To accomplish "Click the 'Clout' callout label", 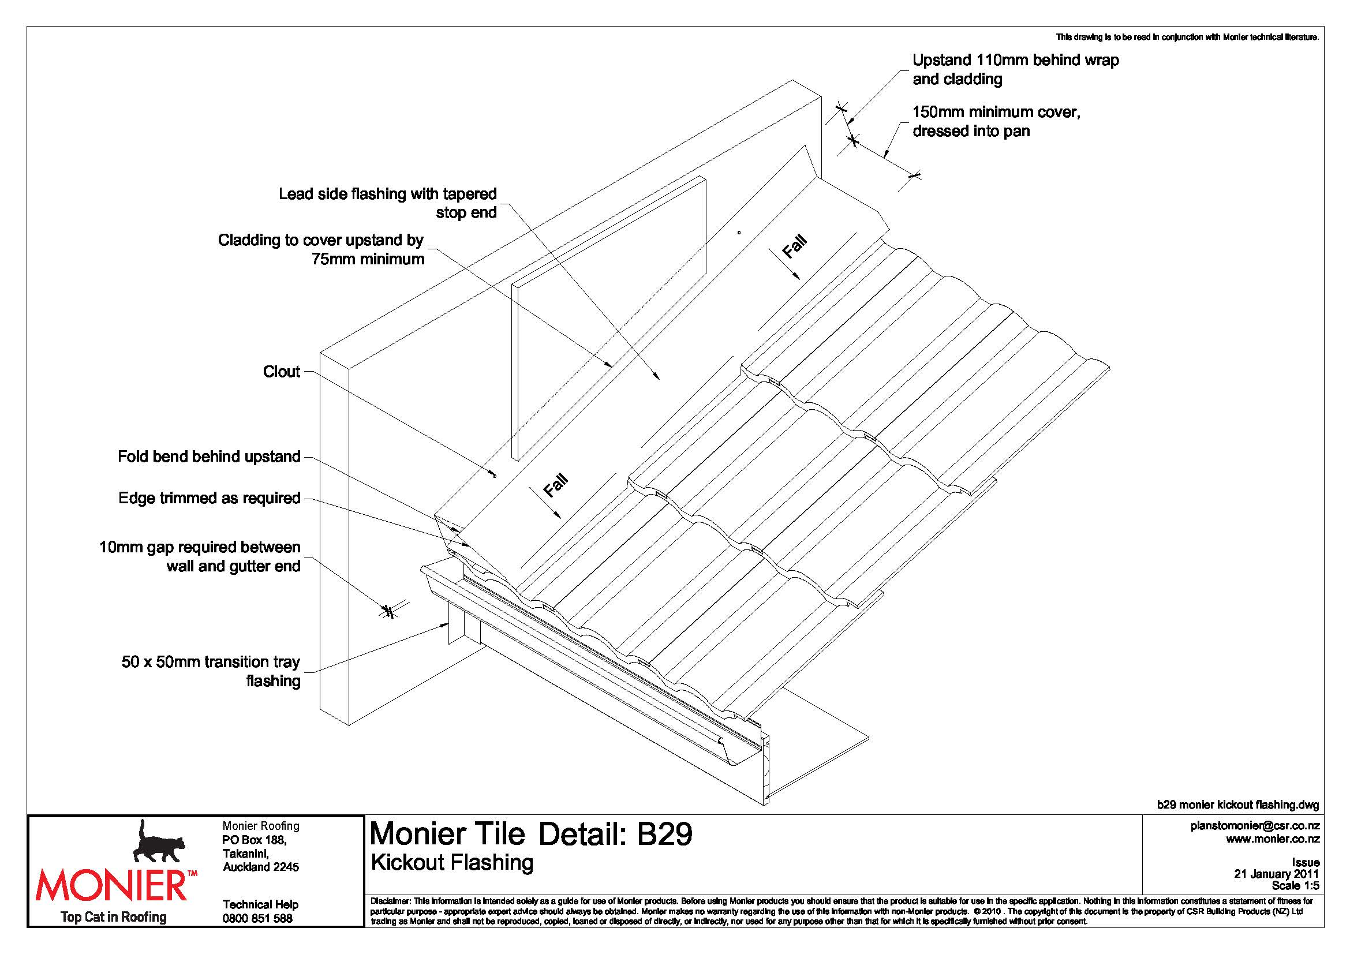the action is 281,372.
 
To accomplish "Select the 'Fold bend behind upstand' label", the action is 209,457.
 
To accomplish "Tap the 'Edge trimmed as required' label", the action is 210,499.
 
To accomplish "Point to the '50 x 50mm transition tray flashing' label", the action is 211,671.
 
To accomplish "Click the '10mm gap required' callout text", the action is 200,557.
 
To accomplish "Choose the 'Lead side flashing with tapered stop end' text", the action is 387,203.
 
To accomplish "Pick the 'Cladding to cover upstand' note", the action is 321,250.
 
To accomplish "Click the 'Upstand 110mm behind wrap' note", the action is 1015,69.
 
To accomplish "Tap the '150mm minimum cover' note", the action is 996,121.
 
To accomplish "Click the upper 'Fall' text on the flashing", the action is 794,247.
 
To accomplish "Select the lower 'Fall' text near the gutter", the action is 555,485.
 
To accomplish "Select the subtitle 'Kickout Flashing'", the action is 452,862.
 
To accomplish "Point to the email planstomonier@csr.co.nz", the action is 1255,825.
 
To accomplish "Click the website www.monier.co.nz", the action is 1273,839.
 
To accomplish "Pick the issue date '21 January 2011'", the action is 1277,874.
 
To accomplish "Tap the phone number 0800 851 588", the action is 257,919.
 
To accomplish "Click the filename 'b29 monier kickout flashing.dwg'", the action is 1237,805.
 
